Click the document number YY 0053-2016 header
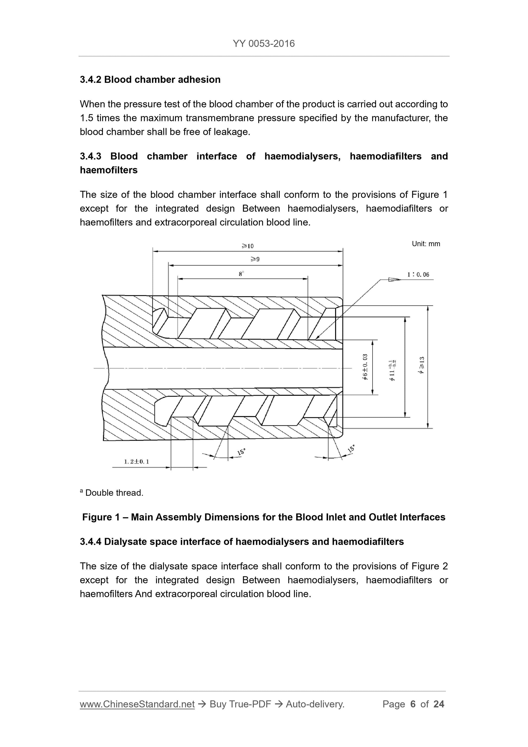(263, 44)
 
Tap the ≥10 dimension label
(247, 246)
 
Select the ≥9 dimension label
(255, 259)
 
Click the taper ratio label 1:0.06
(418, 275)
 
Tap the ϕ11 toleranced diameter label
(392, 370)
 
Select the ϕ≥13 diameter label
(422, 365)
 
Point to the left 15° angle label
(241, 452)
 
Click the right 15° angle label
(351, 449)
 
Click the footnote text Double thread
(114, 493)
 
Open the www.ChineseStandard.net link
(137, 704)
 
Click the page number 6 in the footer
(413, 704)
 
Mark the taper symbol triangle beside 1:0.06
(394, 279)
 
